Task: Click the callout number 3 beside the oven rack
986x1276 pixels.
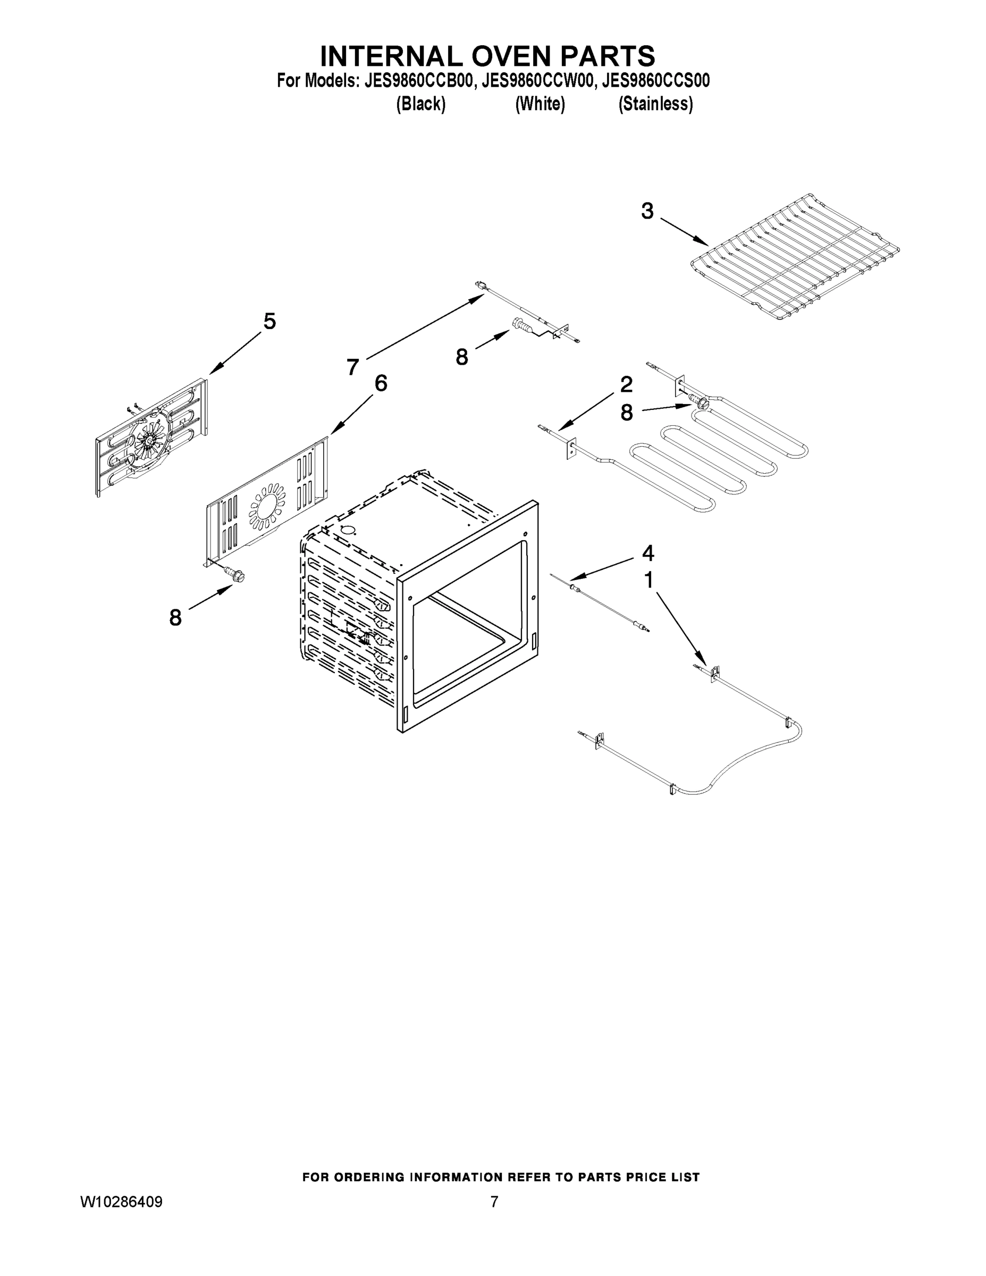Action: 647,212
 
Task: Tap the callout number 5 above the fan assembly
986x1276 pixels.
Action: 269,321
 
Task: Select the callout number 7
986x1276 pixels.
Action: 352,367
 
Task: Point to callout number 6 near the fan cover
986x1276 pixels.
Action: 380,384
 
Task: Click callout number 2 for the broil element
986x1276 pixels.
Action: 626,384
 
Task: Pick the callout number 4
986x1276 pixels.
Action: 648,553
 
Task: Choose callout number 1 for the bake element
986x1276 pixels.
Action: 648,580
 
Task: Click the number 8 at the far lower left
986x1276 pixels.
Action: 175,618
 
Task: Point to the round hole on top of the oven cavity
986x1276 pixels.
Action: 348,531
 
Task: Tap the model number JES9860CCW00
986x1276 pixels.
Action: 538,81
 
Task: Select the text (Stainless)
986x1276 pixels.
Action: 655,104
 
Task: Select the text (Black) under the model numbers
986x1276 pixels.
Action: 420,104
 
